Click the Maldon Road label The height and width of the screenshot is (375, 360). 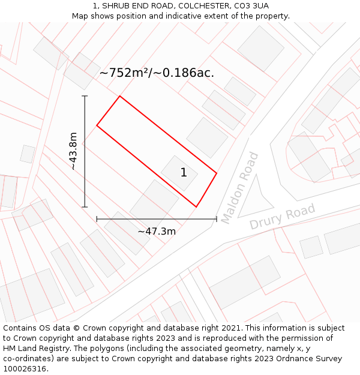click(239, 188)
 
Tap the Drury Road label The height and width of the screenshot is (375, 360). click(282, 217)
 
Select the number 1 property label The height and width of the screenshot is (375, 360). click(184, 173)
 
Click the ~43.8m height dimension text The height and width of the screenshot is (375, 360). click(73, 151)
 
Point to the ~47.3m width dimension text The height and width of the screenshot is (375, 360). click(157, 231)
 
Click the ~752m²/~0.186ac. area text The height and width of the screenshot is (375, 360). click(157, 73)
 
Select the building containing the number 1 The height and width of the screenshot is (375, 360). click(179, 173)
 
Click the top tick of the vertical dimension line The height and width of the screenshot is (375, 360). click(85, 96)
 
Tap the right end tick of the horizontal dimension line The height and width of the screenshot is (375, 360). click(216, 219)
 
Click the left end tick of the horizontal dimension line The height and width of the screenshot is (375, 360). click(97, 219)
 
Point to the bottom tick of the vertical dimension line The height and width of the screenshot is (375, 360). click(85, 207)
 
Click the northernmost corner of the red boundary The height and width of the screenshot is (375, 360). click(120, 96)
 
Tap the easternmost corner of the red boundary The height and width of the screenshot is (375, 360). click(216, 174)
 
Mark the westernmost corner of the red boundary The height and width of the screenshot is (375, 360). click(97, 126)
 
